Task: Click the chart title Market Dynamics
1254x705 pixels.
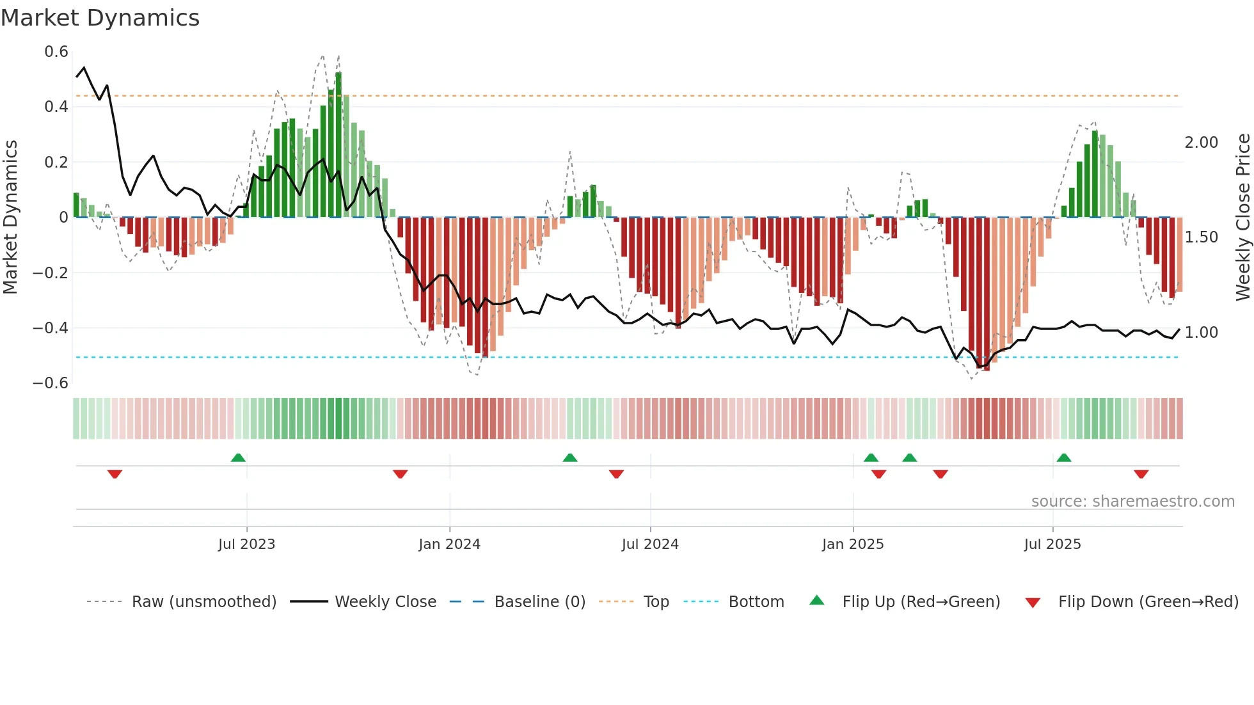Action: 100,18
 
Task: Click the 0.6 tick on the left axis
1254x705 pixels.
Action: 56,52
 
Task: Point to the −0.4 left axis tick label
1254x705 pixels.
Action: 51,328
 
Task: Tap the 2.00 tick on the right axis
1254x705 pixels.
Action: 1201,143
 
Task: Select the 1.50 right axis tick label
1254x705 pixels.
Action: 1201,237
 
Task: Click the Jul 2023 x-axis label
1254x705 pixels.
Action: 246,544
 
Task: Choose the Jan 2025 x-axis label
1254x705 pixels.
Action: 852,544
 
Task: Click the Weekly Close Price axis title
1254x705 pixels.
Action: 1242,217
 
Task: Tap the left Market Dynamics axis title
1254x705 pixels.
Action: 10,217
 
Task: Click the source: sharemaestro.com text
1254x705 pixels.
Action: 1132,502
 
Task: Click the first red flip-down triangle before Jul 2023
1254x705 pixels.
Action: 115,474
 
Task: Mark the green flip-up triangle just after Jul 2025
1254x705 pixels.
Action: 1063,457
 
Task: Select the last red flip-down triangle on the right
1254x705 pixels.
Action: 1141,474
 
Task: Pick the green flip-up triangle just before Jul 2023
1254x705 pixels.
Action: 238,457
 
